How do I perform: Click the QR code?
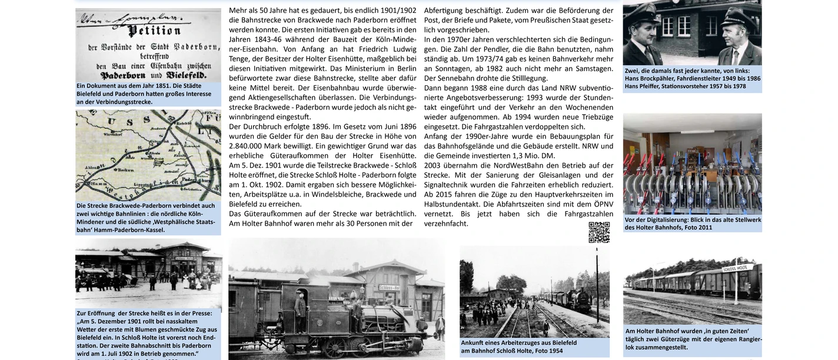(599, 233)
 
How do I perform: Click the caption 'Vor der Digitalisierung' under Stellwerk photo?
(692, 224)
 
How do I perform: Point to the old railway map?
(148, 155)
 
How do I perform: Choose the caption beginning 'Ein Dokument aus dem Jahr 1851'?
(144, 94)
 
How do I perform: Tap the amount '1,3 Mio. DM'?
(536, 155)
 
